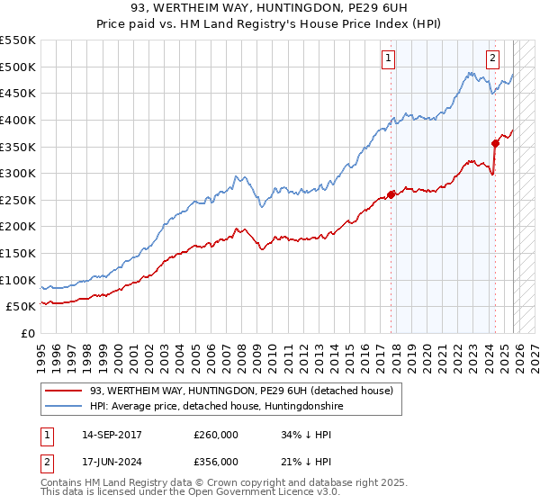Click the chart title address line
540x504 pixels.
click(x=270, y=10)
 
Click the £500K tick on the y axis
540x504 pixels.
click(x=18, y=67)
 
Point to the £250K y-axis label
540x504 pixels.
click(x=18, y=200)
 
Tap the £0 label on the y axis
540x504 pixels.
click(x=28, y=333)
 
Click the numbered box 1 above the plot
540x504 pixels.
click(x=389, y=58)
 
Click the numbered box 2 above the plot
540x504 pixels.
click(x=493, y=58)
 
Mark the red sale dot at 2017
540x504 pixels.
click(x=391, y=193)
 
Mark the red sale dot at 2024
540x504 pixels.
click(x=495, y=143)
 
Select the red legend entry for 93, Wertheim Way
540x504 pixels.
click(x=241, y=391)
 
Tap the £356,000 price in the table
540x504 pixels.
click(x=215, y=462)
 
